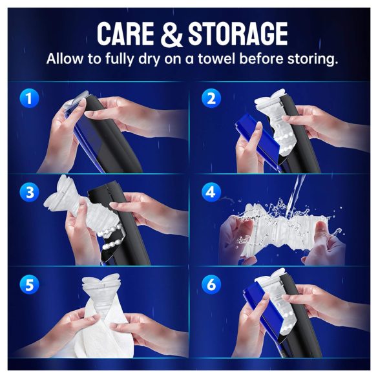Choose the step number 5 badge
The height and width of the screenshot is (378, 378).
[x=27, y=284]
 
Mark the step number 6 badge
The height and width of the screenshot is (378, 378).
[x=210, y=284]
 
